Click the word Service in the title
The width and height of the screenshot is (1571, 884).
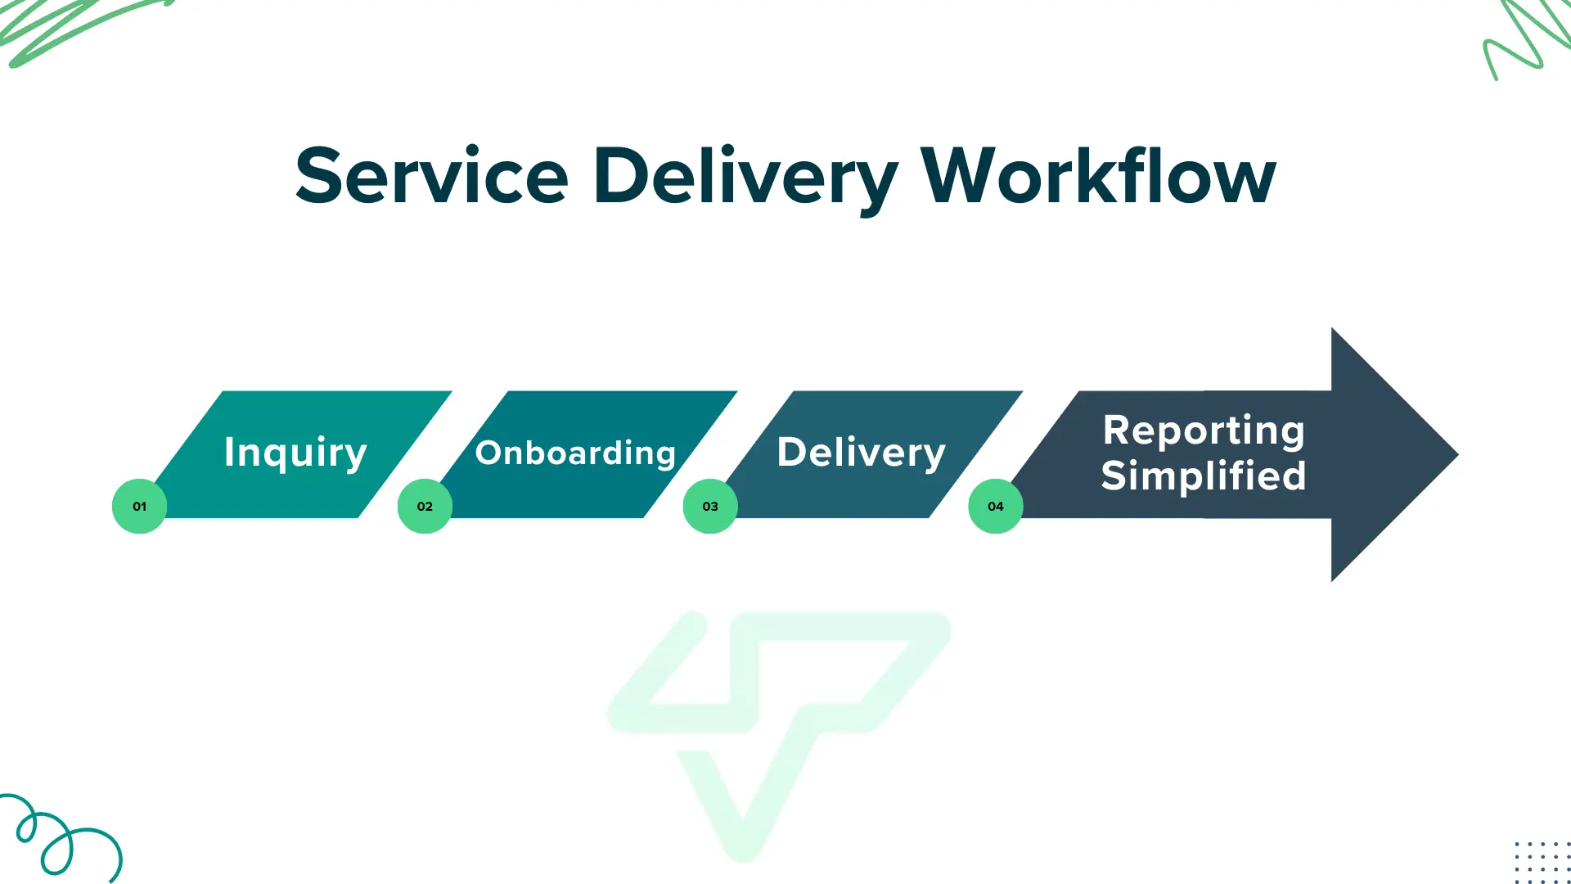(x=432, y=176)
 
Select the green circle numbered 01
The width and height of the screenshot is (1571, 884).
(x=139, y=507)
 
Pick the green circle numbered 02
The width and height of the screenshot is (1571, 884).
(x=425, y=507)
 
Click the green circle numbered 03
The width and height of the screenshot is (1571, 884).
(x=710, y=507)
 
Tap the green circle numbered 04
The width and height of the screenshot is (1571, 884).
(x=996, y=507)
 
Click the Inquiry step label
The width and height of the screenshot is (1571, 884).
(x=295, y=453)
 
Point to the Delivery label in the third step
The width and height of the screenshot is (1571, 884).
(x=861, y=453)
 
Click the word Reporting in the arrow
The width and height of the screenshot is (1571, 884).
(x=1204, y=431)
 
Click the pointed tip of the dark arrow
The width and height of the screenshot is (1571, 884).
(x=1457, y=454)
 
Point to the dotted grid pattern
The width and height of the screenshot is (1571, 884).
(x=1542, y=862)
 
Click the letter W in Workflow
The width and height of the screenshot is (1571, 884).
(x=952, y=176)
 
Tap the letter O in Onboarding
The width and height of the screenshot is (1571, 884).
(x=488, y=453)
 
